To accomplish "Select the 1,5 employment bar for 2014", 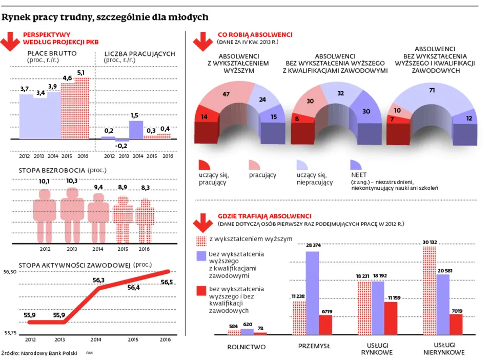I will (x=136, y=130).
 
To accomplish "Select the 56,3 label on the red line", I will (x=99, y=280).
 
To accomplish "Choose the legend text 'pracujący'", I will (x=262, y=175).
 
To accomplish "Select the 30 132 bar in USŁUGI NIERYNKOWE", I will (x=430, y=290).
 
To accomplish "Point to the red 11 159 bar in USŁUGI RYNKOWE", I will (x=391, y=318).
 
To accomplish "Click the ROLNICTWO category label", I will (x=247, y=347).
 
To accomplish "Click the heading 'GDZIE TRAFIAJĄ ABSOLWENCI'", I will (x=264, y=216).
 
